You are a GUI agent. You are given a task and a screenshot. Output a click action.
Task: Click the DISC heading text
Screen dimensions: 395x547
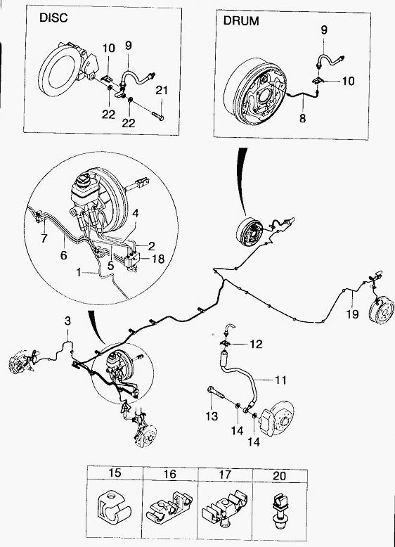[x=53, y=18]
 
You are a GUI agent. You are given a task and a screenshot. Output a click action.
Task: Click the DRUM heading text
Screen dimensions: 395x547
[x=241, y=21]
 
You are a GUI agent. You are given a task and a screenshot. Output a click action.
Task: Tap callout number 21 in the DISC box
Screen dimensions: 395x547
[x=162, y=91]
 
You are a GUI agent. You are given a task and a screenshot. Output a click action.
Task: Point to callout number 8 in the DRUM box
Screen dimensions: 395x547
[x=302, y=118]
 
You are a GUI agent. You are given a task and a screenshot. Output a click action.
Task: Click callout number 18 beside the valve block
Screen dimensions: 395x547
[x=158, y=259]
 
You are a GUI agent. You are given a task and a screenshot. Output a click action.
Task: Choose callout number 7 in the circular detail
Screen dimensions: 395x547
[x=44, y=238]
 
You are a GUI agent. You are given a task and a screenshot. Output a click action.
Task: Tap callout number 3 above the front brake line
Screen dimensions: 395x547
[x=67, y=321]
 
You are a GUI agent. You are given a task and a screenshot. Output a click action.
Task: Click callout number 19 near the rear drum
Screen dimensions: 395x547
[x=352, y=314]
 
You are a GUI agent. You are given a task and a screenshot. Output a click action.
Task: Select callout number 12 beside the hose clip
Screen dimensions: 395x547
[x=256, y=345]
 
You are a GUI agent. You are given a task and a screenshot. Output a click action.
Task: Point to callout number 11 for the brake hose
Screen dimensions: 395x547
[x=280, y=380]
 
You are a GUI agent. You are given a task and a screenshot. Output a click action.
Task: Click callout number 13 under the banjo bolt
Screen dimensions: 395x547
[x=212, y=416]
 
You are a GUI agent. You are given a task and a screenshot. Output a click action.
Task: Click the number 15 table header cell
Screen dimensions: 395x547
[x=115, y=472]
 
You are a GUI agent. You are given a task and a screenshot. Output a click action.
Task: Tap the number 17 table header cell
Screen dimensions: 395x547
[x=225, y=475]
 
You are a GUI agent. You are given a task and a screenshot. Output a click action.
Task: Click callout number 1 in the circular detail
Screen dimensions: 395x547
[x=79, y=272]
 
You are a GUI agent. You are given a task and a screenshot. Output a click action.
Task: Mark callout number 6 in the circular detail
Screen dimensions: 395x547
[x=63, y=256]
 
